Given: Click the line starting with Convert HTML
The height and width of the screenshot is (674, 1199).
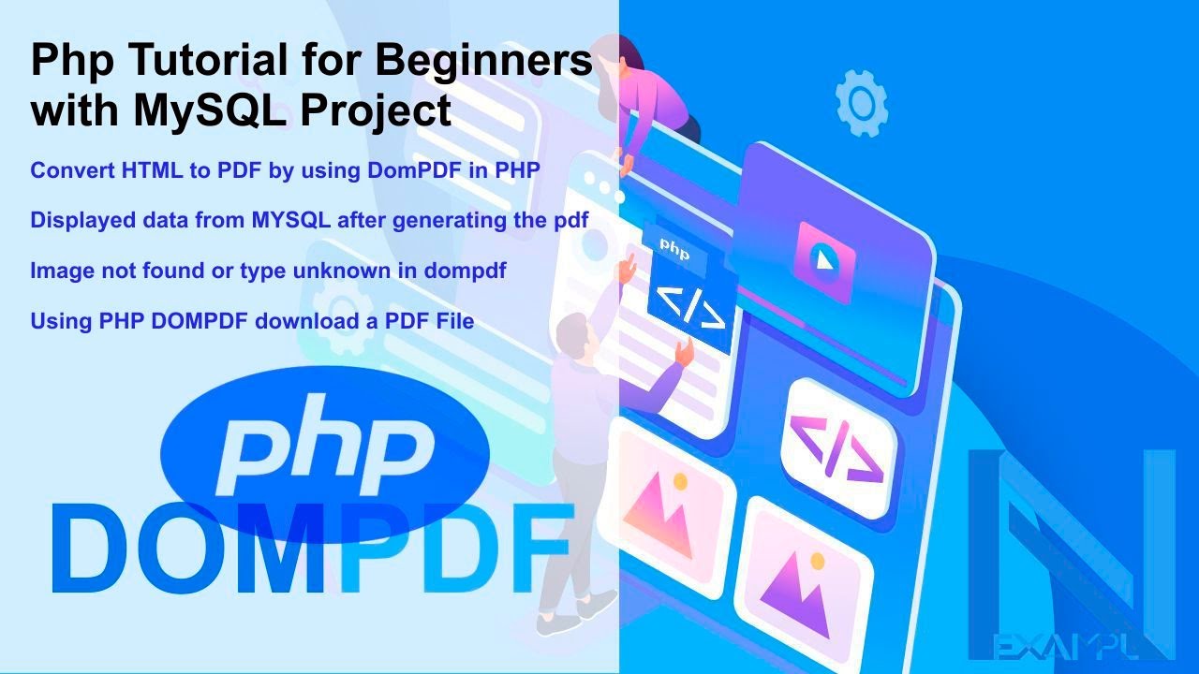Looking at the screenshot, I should click(x=285, y=171).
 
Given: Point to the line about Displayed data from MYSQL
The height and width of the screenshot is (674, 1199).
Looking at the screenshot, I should click(x=308, y=221).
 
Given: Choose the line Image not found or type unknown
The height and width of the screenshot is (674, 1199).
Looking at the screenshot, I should click(x=268, y=271).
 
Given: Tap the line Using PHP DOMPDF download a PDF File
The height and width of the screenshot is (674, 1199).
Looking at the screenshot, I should click(x=252, y=321).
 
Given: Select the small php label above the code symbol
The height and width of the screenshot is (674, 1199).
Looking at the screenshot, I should click(x=674, y=251).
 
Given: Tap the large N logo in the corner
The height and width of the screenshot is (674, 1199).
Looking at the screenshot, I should click(x=1072, y=543).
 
